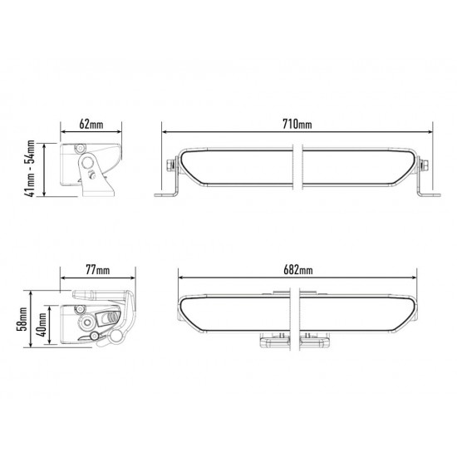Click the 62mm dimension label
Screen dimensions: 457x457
pos(91,125)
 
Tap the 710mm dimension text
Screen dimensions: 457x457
pos(297,125)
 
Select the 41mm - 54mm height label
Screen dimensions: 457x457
pos(31,169)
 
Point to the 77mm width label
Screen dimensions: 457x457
pos(98,270)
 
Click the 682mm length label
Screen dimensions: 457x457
pos(297,270)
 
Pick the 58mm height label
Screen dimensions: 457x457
pos(22,319)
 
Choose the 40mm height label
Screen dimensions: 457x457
pos(41,324)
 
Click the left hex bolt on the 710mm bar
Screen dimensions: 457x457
pos(170,166)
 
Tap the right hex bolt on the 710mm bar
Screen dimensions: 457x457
pos(425,166)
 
